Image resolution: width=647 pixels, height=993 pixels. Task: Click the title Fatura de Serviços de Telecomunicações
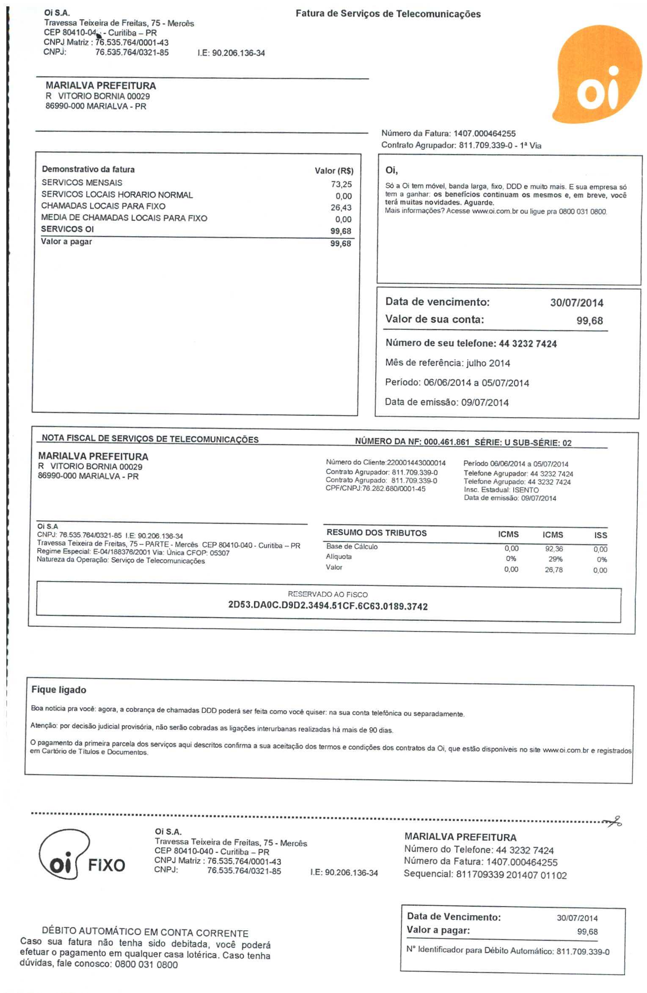point(388,14)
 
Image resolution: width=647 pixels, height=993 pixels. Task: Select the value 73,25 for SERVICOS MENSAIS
point(341,184)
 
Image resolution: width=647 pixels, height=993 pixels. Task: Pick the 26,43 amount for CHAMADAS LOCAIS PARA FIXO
point(341,207)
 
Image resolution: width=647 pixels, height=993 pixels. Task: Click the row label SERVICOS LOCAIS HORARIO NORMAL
point(117,195)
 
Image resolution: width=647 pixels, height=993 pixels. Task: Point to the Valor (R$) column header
point(334,171)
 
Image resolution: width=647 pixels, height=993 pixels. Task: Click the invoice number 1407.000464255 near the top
point(485,134)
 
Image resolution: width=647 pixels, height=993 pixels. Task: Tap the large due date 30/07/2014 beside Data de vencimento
point(576,303)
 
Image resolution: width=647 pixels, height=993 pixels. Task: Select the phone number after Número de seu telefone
point(528,344)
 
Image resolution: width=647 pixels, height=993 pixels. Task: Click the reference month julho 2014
point(488,363)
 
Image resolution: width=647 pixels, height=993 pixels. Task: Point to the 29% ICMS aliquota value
point(555,559)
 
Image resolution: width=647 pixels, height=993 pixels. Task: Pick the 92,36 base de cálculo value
point(554,549)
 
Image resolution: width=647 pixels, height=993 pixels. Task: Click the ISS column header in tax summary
point(600,535)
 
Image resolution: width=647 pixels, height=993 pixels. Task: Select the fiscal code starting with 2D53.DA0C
point(328,606)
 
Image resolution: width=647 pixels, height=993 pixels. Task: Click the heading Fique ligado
point(59,690)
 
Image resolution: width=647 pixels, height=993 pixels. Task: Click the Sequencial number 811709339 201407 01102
point(511,875)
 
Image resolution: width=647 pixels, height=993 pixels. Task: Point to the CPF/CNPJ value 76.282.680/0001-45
point(394,489)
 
